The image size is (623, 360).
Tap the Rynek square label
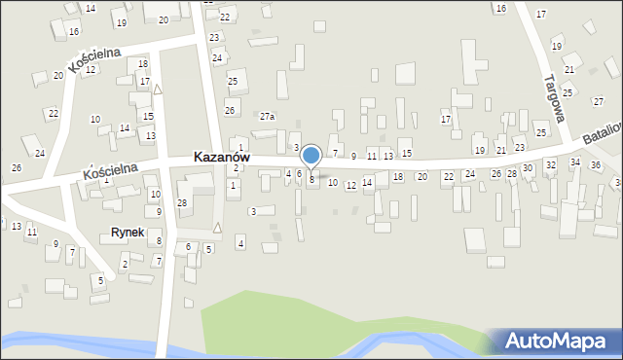127,234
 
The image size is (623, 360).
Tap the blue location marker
311,156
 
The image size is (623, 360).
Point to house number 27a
267,117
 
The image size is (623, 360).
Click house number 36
596,164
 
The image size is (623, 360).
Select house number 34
575,162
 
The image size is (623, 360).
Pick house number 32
550,165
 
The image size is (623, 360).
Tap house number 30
528,168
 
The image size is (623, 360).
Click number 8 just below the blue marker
311,179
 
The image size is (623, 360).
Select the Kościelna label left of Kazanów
108,172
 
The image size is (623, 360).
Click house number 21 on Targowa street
569,70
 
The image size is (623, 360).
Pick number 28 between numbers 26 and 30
512,173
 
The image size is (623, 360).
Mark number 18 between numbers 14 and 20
398,177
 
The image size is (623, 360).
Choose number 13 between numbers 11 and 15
388,157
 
